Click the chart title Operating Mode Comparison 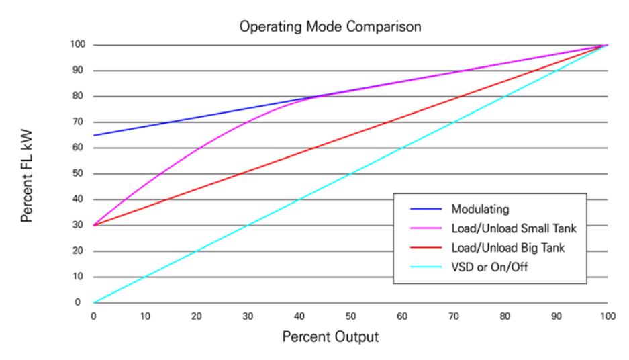(x=330, y=27)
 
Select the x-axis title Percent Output (x=330, y=336)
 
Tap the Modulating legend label (x=481, y=209)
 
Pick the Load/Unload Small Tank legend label (x=514, y=228)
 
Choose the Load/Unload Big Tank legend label (x=507, y=248)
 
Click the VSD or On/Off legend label (x=489, y=267)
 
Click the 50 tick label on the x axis (x=350, y=315)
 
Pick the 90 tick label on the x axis (x=556, y=315)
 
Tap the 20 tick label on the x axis (x=196, y=315)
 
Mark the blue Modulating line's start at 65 (x=94, y=135)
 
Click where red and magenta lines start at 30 (x=94, y=225)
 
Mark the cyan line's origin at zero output (x=94, y=302)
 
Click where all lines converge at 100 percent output (x=607, y=45)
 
